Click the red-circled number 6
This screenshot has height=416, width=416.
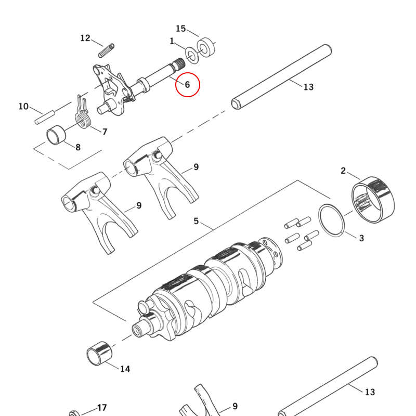[187, 85]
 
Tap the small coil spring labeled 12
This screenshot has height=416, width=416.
[107, 50]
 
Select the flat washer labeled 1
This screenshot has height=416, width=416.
[191, 55]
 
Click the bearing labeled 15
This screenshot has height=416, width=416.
[205, 47]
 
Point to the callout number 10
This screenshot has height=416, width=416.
[23, 107]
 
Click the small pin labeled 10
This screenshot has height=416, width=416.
[45, 118]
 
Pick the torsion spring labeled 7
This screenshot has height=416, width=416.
[83, 113]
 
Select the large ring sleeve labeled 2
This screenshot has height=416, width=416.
[373, 200]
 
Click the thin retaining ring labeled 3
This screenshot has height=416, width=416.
[331, 220]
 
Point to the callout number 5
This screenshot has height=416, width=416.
[196, 221]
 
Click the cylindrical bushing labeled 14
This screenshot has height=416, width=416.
[99, 354]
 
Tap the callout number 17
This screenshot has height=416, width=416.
[102, 408]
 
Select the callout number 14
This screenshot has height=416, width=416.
[125, 369]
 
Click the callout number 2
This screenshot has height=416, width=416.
[343, 171]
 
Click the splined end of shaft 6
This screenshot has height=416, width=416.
[178, 64]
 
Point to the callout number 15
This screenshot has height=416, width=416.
[180, 29]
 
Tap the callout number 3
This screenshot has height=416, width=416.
[361, 238]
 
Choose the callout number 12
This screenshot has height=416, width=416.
[85, 38]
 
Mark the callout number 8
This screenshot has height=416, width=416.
[77, 147]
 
